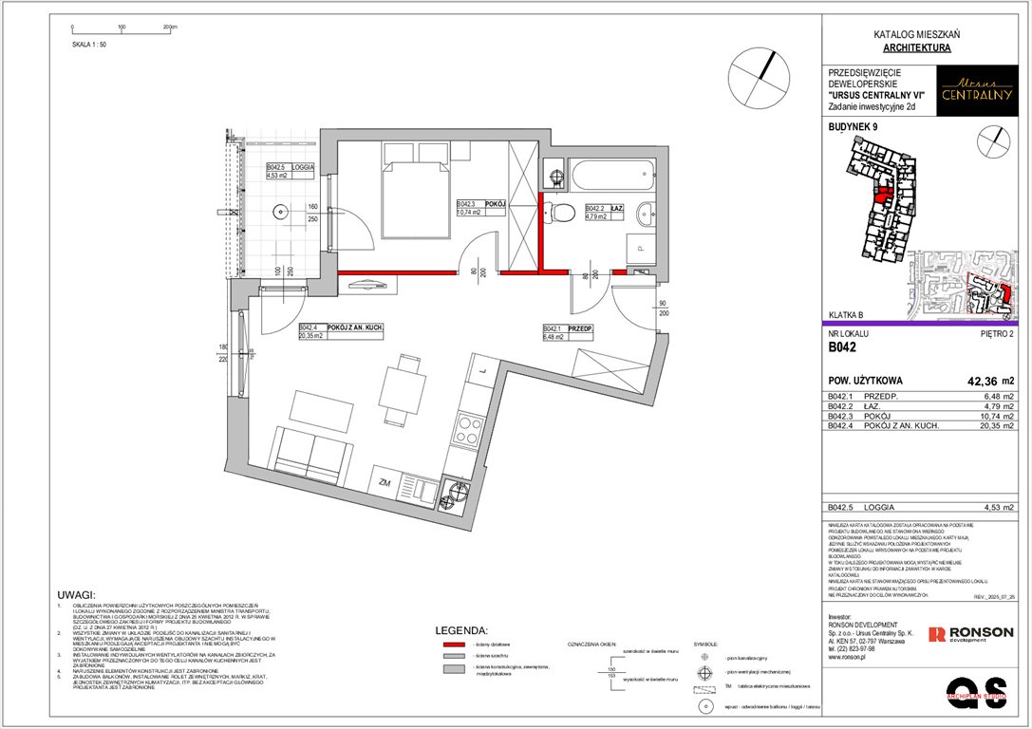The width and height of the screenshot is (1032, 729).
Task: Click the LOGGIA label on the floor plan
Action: (x=303, y=166)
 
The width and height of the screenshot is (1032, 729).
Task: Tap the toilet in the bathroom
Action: (x=563, y=211)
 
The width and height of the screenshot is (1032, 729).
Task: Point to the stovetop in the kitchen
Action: (x=470, y=432)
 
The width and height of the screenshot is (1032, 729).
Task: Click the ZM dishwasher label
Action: (x=385, y=483)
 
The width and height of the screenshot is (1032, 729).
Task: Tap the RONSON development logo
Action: (x=970, y=633)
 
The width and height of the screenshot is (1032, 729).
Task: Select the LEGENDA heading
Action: (x=460, y=629)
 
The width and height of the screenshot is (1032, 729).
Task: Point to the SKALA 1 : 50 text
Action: (x=89, y=44)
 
